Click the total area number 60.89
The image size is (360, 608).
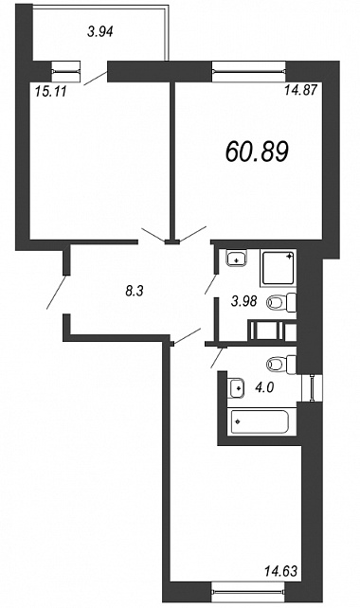click(x=257, y=152)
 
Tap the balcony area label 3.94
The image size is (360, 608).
click(x=100, y=32)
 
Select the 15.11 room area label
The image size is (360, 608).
click(x=51, y=92)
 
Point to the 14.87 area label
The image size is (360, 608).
click(x=301, y=90)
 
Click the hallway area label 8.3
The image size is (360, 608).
click(x=135, y=291)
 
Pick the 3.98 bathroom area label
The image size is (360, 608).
click(x=243, y=301)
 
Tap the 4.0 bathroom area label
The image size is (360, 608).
click(x=264, y=387)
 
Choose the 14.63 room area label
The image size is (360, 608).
click(x=280, y=570)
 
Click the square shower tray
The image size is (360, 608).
click(x=279, y=268)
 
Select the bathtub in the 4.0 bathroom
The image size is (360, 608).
click(x=260, y=421)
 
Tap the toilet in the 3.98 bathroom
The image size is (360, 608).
click(x=281, y=303)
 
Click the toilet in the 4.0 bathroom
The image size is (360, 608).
click(x=281, y=364)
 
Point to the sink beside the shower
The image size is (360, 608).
click(x=237, y=259)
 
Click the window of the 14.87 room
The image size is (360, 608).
click(x=249, y=71)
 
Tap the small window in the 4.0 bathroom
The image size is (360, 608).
click(x=312, y=387)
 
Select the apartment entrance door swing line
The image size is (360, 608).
click(x=57, y=292)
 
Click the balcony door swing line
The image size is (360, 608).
click(x=96, y=78)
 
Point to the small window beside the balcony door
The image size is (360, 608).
click(x=66, y=71)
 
